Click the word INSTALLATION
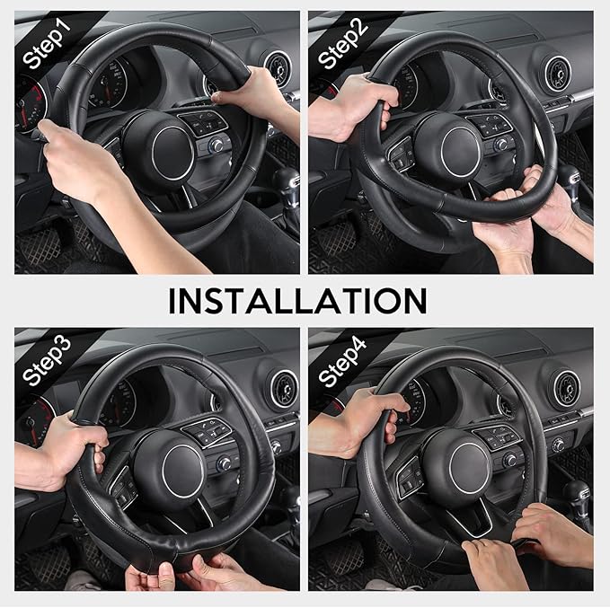pos(297,300)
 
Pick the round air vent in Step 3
pos(282,388)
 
